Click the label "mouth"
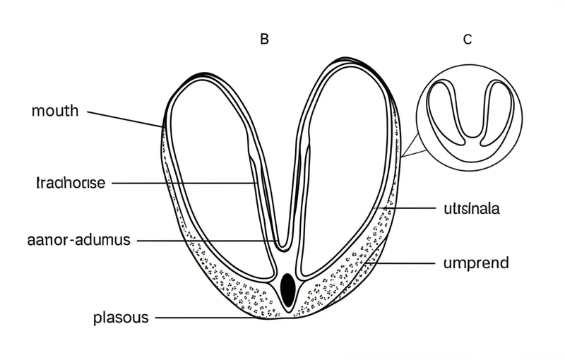[55, 112]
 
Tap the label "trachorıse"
[70, 184]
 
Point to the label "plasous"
[121, 318]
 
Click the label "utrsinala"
[472, 209]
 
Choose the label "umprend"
[475, 263]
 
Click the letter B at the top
[264, 40]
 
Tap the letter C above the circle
[467, 40]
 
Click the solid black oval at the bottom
[287, 287]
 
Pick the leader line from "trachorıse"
[184, 184]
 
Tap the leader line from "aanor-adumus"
[205, 240]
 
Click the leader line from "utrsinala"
[410, 209]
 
